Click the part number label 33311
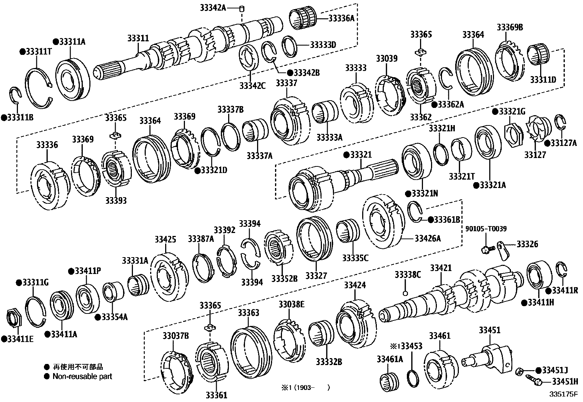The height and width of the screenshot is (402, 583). click(x=138, y=38)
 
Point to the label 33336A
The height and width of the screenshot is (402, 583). click(x=341, y=18)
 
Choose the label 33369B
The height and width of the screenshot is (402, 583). click(x=510, y=27)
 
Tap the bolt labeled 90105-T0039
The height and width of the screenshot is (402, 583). click(x=486, y=250)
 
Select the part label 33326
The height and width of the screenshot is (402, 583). click(x=528, y=244)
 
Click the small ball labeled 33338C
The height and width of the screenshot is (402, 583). click(x=405, y=293)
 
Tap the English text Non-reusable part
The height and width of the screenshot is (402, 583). click(x=82, y=376)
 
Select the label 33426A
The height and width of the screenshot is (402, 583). click(x=427, y=238)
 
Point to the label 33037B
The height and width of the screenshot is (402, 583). click(x=176, y=335)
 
